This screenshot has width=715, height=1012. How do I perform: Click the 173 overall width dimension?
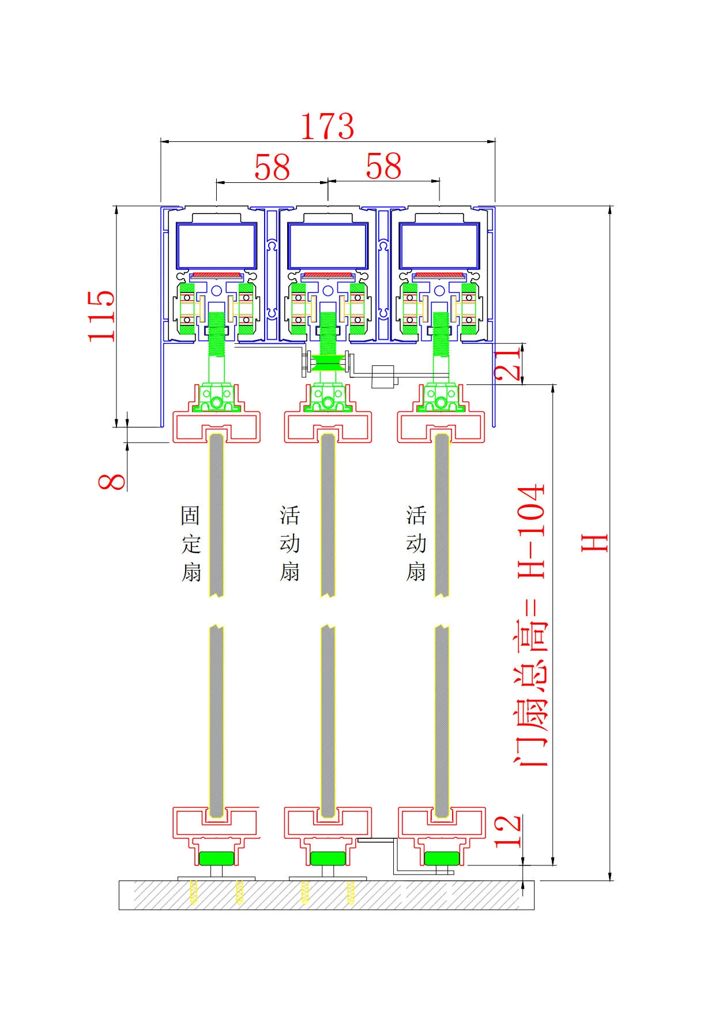click(x=327, y=126)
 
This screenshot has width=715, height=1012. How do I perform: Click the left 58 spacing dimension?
click(x=272, y=168)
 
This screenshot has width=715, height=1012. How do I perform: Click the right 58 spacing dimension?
click(x=383, y=167)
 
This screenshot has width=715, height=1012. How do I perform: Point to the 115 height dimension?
click(x=101, y=316)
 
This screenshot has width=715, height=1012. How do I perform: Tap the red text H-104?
click(x=531, y=531)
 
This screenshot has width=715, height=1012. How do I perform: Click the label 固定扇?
click(x=191, y=544)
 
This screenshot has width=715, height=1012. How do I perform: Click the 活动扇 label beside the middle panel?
click(x=289, y=544)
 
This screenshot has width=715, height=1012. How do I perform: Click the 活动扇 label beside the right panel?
click(x=416, y=544)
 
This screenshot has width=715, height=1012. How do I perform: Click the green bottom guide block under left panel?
click(x=216, y=858)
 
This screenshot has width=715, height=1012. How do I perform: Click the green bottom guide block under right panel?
click(x=442, y=858)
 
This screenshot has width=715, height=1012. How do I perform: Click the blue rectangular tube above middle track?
click(x=328, y=246)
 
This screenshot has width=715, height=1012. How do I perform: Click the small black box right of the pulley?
click(x=383, y=377)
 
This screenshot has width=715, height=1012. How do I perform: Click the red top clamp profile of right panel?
click(x=441, y=426)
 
